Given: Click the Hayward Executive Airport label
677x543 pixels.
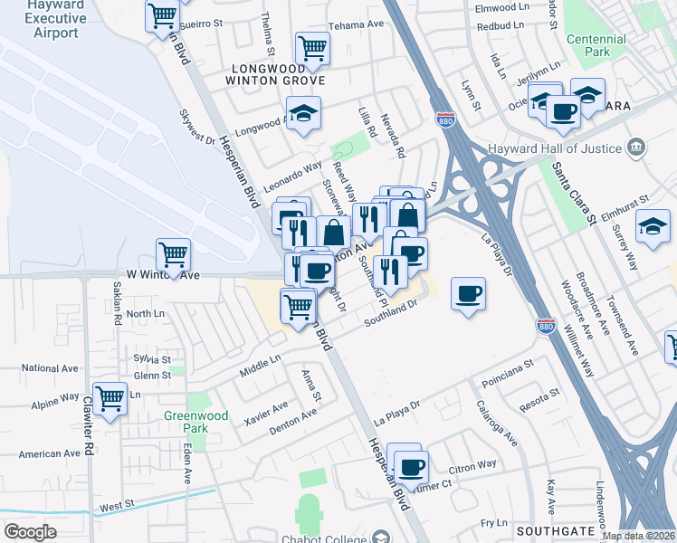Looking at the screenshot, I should pos(44,19).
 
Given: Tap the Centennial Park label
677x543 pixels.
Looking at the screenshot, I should pos(596,45).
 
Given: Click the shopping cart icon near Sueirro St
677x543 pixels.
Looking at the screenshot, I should pos(162,15).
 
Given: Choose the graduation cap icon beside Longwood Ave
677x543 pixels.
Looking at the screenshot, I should pos(304,112).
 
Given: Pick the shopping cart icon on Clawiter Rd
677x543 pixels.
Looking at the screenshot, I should pos(110,397).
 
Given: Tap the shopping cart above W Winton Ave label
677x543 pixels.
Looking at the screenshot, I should pos(173,254).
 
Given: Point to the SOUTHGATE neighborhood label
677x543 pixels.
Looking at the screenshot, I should pos(556,530).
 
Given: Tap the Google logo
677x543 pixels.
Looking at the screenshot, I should pos(30,532).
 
